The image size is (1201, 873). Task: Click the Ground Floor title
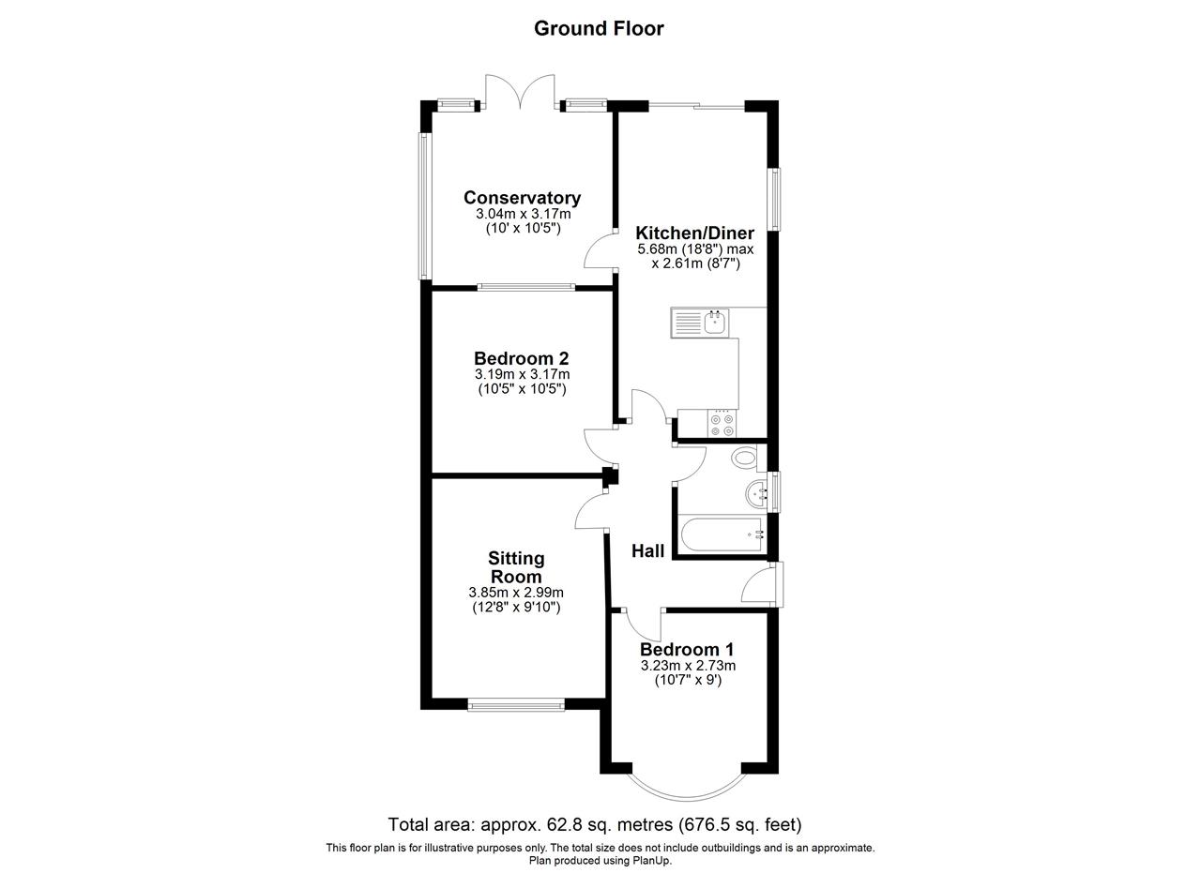599,28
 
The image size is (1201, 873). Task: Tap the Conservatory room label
523,198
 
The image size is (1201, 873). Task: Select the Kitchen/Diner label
695,233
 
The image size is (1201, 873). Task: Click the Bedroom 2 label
521,358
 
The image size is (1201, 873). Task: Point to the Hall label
647,551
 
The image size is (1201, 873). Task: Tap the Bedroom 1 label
687,650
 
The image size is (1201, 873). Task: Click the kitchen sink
700,323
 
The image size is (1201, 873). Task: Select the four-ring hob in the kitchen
722,423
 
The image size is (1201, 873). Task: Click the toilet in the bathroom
744,458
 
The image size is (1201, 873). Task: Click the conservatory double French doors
520,92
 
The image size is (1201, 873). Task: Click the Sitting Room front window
516,705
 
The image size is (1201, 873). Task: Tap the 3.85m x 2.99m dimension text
516,593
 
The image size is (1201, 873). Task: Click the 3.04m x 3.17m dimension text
524,214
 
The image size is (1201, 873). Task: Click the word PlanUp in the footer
654,861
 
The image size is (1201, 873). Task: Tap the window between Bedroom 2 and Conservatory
526,287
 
